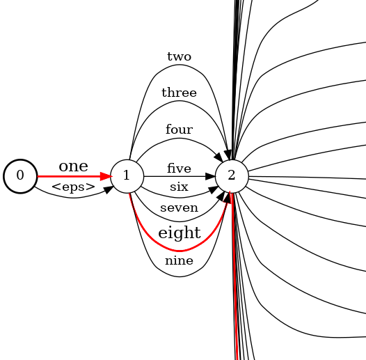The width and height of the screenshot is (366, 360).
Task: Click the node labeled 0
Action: tap(20, 175)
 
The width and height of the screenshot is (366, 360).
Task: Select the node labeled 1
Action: tap(127, 175)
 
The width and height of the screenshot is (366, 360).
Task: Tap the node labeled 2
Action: tap(232, 175)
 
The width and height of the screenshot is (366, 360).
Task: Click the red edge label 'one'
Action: tap(73, 166)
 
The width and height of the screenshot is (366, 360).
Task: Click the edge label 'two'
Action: tap(179, 56)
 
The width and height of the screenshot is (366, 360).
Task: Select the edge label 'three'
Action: tap(179, 93)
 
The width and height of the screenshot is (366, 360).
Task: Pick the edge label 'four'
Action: tap(179, 130)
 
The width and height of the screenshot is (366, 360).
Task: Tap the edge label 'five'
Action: tap(179, 169)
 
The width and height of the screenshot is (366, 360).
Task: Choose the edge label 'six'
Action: tap(179, 187)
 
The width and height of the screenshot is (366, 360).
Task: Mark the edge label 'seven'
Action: tap(179, 208)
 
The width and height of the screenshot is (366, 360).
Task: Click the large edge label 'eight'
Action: tap(179, 233)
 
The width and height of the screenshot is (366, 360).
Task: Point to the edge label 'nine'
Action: tap(179, 261)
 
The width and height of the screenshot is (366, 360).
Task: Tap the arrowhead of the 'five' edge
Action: tap(210, 176)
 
